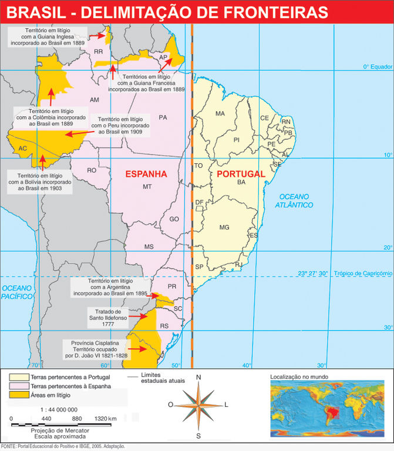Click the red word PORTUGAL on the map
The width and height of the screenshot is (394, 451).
[241, 174]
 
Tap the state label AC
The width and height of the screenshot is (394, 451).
[23, 149]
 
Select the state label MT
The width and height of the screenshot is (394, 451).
[147, 187]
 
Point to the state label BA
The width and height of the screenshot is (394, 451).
[241, 183]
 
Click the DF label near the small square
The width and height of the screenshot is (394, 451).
[199, 202]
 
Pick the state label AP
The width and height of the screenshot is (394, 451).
[163, 58]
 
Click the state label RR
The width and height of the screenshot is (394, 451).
[98, 52]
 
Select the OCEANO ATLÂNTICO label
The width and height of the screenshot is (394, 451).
[296, 200]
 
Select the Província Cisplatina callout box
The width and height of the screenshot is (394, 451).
[95, 348]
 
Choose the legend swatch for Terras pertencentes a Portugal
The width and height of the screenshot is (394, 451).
[19, 376]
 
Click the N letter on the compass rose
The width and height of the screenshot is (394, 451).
[198, 377]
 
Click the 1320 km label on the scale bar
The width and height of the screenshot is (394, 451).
[106, 418]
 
